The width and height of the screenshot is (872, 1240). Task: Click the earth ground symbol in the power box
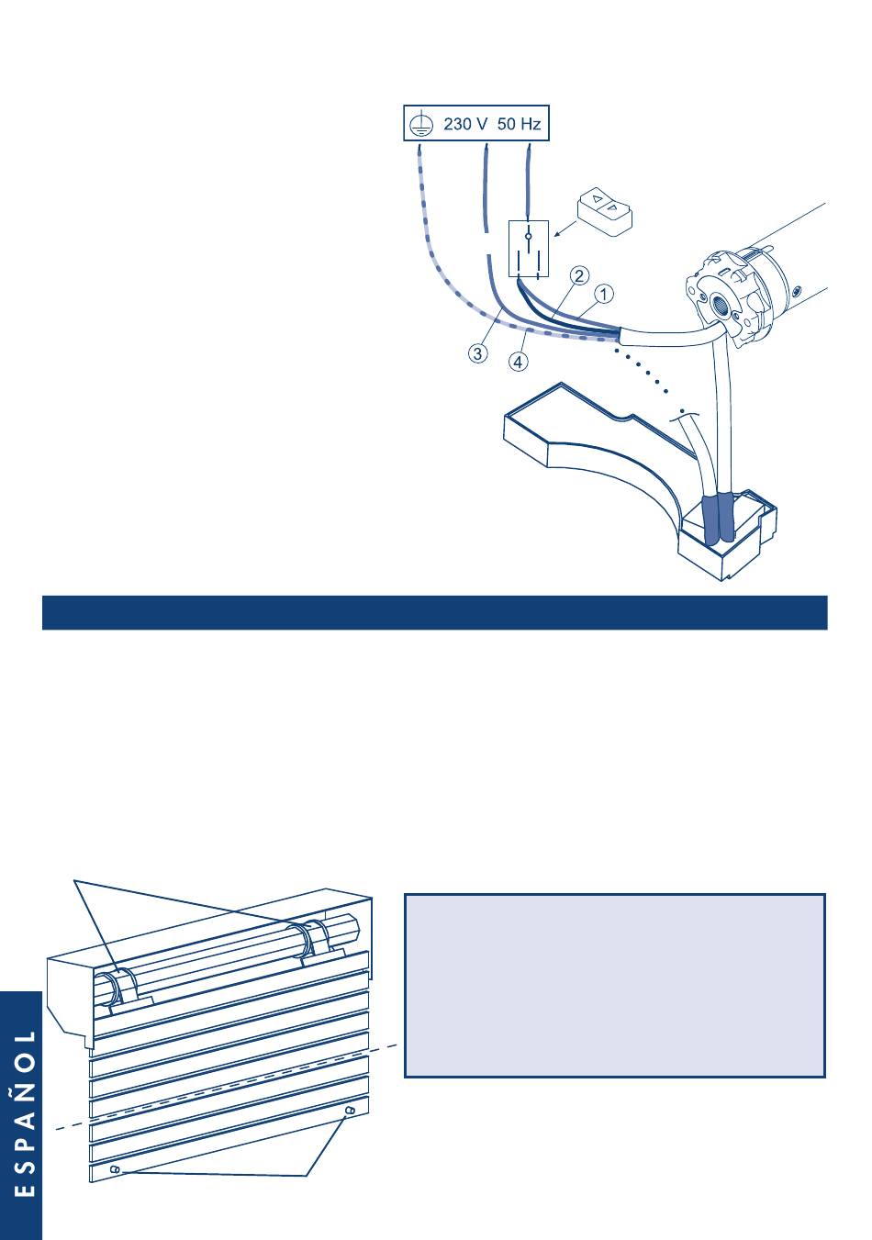420,124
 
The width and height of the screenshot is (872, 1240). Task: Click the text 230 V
465,123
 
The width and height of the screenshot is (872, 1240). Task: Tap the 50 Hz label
519,123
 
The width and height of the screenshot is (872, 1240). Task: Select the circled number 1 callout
604,294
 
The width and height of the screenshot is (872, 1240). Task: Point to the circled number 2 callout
580,275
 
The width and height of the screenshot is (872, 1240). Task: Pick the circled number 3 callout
478,352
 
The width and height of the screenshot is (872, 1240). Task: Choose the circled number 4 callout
519,362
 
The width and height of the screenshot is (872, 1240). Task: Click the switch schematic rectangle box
529,249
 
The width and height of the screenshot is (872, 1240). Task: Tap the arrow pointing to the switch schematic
565,229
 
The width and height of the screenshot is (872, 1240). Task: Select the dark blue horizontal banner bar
434,612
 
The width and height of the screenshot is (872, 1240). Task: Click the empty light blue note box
615,985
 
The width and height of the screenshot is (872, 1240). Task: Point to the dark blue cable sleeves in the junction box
718,518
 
